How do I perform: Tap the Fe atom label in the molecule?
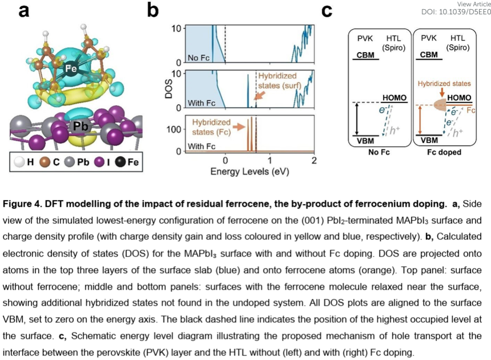coord(71,68)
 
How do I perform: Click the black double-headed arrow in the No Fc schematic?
coord(358,119)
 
